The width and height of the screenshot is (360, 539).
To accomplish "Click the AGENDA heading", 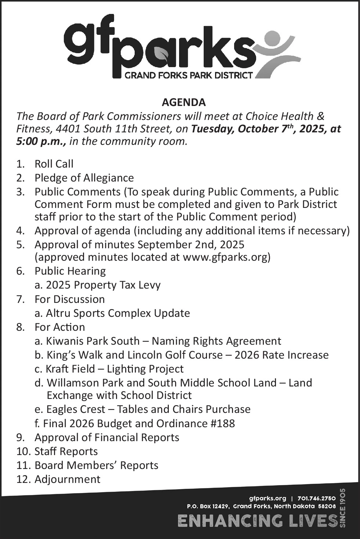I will point(183,102).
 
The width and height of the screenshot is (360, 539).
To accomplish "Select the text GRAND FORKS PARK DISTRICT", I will point(189,76).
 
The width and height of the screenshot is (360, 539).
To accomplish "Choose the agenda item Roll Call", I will point(54,164).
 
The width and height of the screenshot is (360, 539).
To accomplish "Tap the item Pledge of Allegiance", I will point(84,178).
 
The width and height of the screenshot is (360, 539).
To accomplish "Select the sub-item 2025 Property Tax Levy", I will point(103,285).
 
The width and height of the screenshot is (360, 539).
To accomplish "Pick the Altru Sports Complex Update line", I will point(118,313).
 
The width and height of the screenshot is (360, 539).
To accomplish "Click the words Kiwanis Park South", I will point(93,341).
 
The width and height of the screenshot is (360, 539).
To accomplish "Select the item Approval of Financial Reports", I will point(107,437).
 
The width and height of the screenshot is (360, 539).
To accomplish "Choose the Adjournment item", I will point(67,479).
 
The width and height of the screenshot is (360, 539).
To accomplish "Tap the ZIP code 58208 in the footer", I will point(327,506).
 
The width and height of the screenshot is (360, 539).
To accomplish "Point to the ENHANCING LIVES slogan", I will point(257,521).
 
